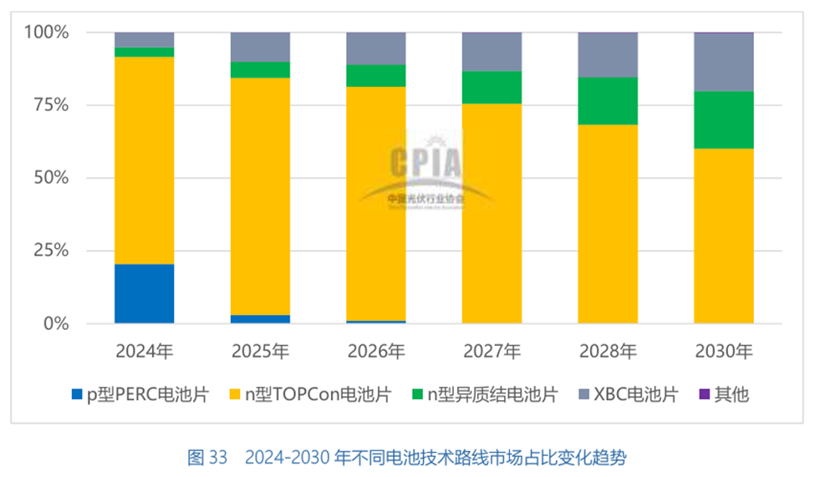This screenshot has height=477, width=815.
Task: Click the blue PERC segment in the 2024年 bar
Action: point(144,293)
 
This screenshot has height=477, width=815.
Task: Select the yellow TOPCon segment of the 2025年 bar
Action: point(260,196)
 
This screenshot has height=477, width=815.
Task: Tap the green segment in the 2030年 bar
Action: point(724,119)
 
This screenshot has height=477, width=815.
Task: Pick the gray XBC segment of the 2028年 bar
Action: point(608,54)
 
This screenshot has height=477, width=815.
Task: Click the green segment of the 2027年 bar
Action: point(492,87)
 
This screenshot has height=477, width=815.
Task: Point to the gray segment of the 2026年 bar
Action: point(376,48)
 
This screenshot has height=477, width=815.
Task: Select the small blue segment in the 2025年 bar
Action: point(260,318)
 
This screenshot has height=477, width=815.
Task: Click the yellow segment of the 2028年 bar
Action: point(608,223)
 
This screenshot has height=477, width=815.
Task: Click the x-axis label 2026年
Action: point(376,351)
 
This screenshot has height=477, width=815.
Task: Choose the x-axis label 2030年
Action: point(724,351)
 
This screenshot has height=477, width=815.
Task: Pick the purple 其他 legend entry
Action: point(724,394)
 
